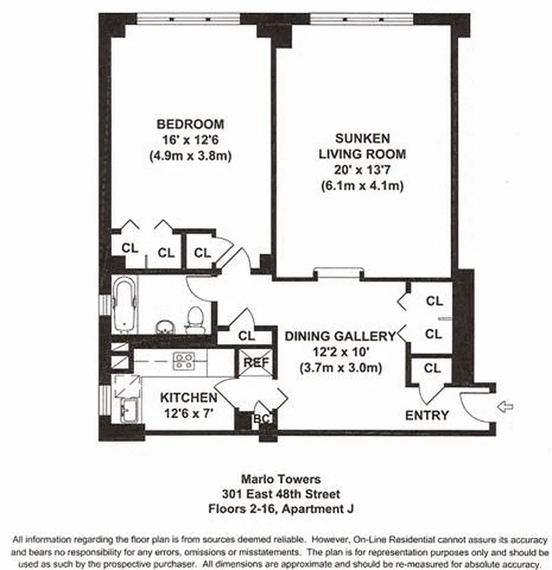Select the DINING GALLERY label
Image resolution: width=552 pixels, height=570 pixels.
point(339,336)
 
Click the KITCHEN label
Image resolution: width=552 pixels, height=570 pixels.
point(188,397)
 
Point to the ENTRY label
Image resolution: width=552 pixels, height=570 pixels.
point(427,415)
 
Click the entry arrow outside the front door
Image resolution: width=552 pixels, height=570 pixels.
point(505,407)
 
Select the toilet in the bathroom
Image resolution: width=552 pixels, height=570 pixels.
point(195,319)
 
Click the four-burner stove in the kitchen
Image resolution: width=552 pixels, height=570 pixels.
point(184,362)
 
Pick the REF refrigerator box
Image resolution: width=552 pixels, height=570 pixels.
point(256,362)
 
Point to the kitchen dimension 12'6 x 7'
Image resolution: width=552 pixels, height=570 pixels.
point(188,412)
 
